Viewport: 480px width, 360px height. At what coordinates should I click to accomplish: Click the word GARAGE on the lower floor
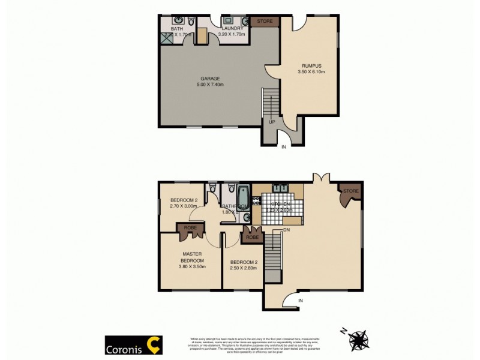tap(210, 78)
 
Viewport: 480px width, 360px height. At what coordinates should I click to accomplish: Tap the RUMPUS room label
tap(311, 65)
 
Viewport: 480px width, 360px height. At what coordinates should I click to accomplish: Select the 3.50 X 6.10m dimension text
tap(311, 72)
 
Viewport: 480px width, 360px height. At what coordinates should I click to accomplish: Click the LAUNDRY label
tap(232, 28)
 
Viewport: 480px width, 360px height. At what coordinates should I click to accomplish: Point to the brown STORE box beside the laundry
tap(265, 22)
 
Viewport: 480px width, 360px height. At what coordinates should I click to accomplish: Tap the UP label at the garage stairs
tap(272, 122)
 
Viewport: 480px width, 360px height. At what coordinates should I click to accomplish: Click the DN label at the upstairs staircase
tap(286, 230)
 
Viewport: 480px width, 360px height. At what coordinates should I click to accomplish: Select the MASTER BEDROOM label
tap(193, 257)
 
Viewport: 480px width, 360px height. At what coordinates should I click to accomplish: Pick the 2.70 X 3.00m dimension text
tap(184, 206)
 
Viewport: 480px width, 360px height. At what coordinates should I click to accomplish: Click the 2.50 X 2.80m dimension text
tap(243, 268)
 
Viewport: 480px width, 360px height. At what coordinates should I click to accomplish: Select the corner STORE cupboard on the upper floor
tap(350, 193)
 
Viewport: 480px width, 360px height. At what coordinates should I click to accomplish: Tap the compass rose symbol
tap(359, 339)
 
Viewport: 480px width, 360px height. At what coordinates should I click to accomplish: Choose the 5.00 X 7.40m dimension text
tap(210, 85)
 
